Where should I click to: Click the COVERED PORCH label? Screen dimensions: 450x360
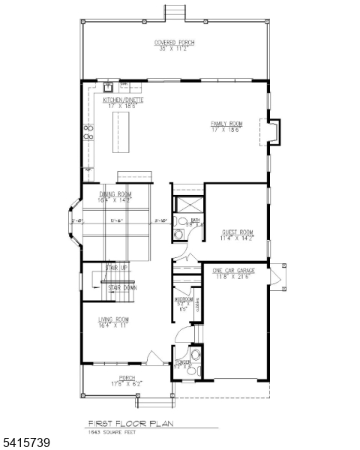point(174,45)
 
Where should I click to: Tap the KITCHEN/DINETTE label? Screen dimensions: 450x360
point(124,101)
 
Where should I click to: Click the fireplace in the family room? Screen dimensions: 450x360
point(273,133)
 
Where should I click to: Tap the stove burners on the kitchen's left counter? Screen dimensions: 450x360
point(88,133)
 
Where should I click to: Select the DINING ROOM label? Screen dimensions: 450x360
point(115,197)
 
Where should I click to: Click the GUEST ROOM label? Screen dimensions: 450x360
point(237,235)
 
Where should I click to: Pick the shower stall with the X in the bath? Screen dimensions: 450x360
point(185,204)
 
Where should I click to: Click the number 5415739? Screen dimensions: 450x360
point(25,443)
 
